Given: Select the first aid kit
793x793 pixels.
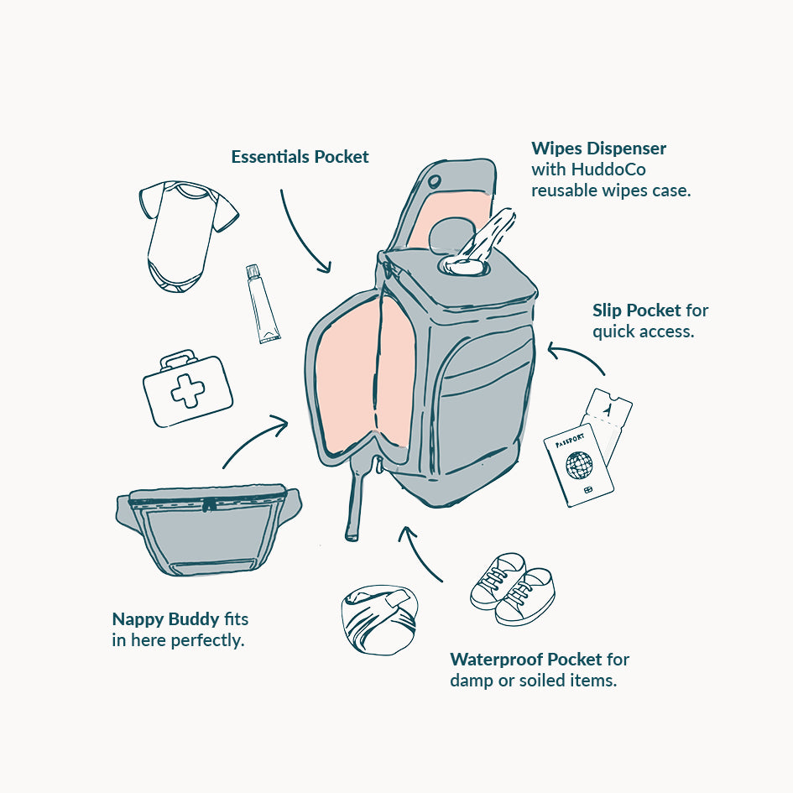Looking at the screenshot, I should tap(186, 389).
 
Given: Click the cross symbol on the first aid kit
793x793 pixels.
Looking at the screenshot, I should tap(188, 392).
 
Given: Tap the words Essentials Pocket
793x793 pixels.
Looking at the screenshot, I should tap(300, 157).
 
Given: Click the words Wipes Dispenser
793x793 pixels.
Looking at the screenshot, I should tap(598, 149).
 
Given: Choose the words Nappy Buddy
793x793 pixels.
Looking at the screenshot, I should tap(165, 619).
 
